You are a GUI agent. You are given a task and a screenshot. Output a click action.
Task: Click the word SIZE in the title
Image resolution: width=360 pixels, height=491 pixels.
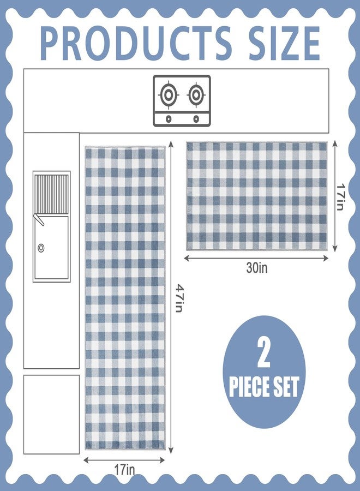[x=285, y=43]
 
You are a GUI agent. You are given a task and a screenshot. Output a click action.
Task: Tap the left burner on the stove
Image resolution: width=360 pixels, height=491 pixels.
[x=169, y=95]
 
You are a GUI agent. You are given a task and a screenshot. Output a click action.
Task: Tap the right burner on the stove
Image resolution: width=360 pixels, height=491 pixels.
[x=196, y=95]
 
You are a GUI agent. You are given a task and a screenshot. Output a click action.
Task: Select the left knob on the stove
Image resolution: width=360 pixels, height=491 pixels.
[x=169, y=119]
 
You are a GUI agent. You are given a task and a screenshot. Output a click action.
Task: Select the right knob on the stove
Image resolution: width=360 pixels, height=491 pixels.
[x=196, y=119]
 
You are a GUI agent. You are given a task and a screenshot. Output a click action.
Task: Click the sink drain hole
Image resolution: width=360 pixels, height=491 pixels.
[x=41, y=248]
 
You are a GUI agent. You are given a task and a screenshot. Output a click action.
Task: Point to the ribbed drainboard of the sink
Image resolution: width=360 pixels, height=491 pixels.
[x=51, y=194]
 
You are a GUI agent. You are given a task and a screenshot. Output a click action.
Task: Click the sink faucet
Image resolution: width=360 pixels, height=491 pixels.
[x=39, y=219]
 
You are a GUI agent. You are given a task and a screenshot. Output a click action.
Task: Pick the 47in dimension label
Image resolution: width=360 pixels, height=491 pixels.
[x=179, y=298]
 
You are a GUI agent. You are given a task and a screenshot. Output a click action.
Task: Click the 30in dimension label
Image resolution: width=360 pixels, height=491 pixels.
[x=257, y=268]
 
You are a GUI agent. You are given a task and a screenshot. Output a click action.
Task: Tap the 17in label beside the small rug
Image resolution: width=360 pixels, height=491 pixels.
[x=340, y=196]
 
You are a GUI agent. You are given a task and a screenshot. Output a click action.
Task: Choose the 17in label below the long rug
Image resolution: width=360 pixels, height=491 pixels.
[x=124, y=470]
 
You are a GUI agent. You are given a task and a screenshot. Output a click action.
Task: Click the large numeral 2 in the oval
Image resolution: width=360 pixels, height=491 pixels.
[x=263, y=353]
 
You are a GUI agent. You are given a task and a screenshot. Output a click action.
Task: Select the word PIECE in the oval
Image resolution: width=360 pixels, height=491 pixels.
[x=249, y=387]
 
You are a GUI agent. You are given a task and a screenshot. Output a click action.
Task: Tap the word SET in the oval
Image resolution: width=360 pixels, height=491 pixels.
[x=286, y=387]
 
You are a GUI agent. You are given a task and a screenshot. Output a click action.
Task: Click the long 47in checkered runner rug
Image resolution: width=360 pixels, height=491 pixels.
[x=125, y=298]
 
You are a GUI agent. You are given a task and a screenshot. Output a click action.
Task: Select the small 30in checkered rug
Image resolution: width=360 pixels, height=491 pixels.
[x=257, y=196]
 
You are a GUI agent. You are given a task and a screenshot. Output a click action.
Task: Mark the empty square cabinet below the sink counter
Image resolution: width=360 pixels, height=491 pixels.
[x=52, y=414]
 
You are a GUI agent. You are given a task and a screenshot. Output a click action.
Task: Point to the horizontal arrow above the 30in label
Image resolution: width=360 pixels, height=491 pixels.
[x=256, y=259]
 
